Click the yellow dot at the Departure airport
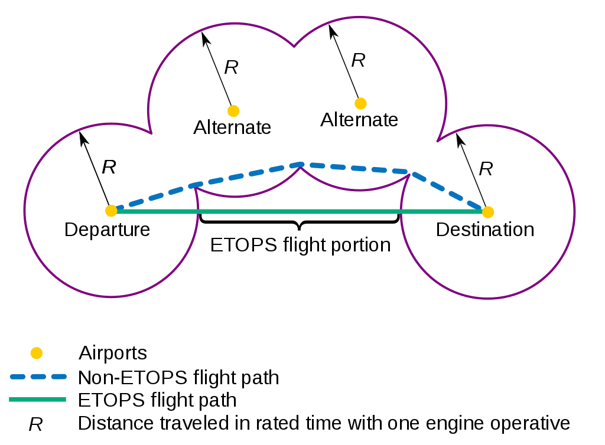pos(111,211)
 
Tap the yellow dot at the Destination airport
pos(488,211)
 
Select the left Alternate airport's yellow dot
pos(233,110)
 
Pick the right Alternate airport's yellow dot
pos(360,103)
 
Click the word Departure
pos(107,230)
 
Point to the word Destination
pos(484,230)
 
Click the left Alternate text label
pos(232,127)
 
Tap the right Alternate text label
pos(359,120)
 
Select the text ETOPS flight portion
pos(300,245)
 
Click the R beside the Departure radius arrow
pos(109,167)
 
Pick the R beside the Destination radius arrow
pos(486,169)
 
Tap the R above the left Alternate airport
pos(231,67)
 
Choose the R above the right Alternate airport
pos(358,60)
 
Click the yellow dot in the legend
pos(37,354)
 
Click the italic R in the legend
pos(35,424)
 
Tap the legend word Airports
pos(112,354)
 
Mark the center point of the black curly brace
pos(300,227)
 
